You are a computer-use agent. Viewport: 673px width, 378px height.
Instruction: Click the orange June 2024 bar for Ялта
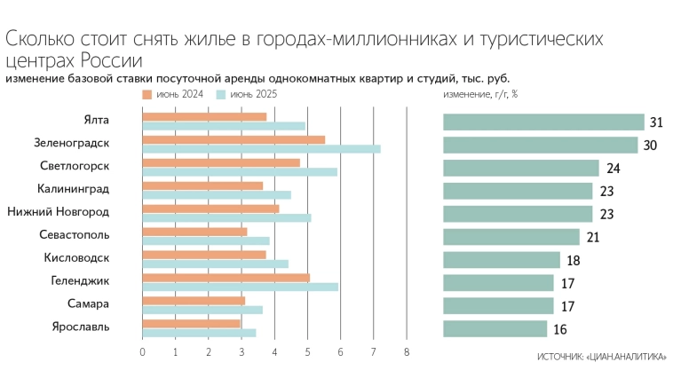(x=204, y=117)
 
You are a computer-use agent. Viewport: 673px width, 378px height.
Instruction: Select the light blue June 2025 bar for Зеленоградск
(x=261, y=149)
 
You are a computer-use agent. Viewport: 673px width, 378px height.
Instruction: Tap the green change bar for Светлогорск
(x=521, y=168)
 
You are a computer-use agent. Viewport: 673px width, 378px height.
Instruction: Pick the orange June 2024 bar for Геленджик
(x=226, y=278)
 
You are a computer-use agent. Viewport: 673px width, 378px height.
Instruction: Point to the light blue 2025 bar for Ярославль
(x=199, y=333)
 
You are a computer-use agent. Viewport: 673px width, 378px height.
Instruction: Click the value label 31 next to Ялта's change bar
(x=657, y=122)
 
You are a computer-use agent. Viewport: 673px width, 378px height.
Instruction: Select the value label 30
(x=650, y=146)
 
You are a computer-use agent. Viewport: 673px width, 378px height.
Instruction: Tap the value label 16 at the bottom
(x=559, y=329)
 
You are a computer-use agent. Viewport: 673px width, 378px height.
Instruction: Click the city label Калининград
(x=74, y=188)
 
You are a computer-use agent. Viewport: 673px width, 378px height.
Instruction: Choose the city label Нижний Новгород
(x=59, y=211)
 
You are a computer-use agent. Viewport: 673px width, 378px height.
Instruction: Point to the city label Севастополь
(x=75, y=234)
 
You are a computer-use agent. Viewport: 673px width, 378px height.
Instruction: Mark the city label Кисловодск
(x=76, y=257)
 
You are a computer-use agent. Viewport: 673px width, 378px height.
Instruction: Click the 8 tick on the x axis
(x=407, y=352)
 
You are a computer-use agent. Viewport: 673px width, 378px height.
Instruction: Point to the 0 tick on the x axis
(x=143, y=352)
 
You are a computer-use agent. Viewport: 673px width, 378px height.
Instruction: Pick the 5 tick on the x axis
(x=308, y=352)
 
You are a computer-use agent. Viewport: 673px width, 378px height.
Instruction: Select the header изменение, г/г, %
(x=480, y=93)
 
